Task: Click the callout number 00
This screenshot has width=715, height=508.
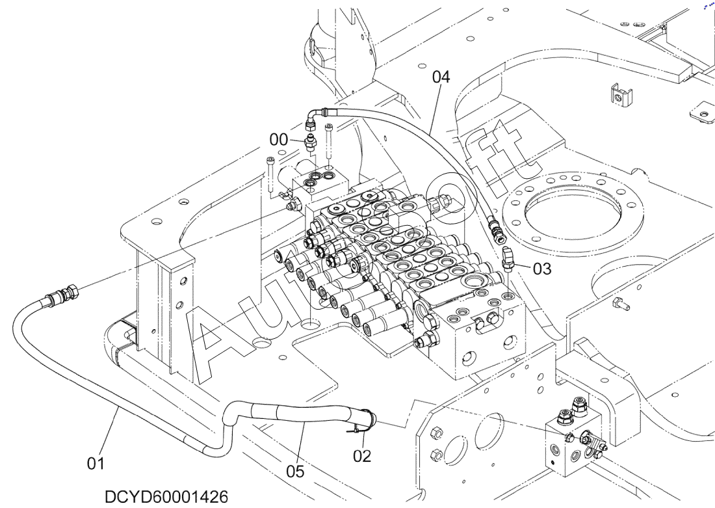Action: point(279,140)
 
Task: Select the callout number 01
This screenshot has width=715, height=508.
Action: point(96,464)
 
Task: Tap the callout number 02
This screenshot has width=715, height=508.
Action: point(362,455)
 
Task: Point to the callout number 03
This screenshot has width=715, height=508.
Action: point(542,269)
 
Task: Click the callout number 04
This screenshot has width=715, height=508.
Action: point(441,77)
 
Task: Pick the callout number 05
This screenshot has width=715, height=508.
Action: point(295,471)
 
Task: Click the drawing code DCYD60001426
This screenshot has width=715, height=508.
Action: point(166,497)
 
